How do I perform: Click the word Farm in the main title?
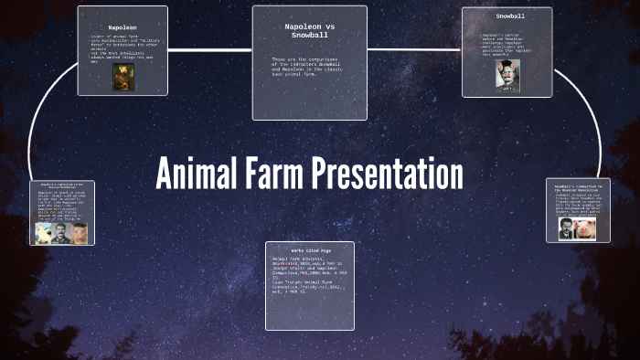[276, 174]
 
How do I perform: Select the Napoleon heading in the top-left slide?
[123, 28]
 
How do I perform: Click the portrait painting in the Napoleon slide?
[123, 76]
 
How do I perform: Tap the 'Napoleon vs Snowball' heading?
[309, 31]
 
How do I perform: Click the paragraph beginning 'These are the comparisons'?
[309, 67]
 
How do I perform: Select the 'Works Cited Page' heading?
[309, 249]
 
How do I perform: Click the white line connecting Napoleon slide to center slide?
[209, 48]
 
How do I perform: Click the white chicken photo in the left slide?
[43, 233]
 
